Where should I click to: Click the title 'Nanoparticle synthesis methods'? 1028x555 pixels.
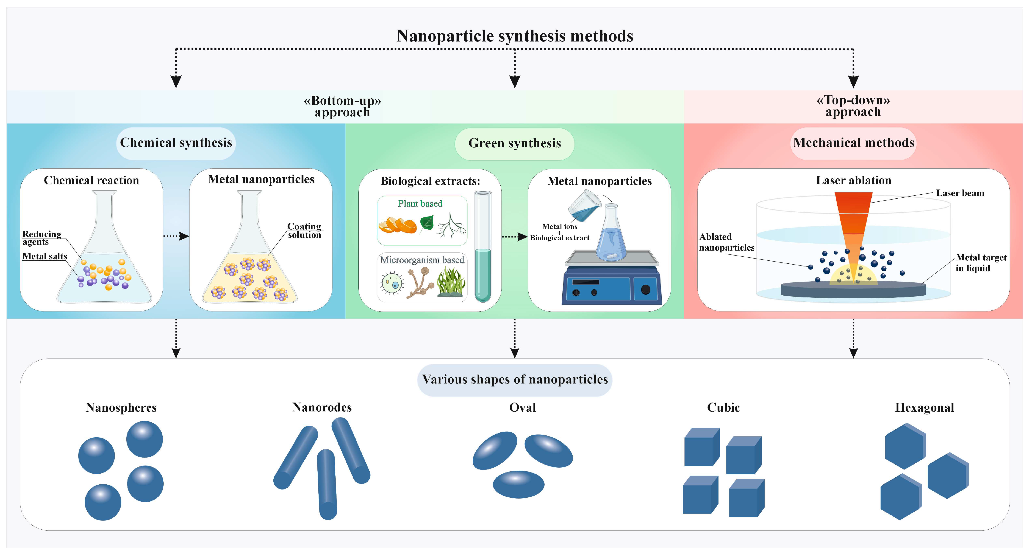click(x=514, y=36)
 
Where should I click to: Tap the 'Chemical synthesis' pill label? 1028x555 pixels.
click(x=176, y=143)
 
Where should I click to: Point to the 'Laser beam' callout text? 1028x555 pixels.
click(x=960, y=193)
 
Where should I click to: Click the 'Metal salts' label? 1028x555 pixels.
click(x=45, y=256)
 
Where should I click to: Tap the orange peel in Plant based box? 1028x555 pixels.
click(x=397, y=225)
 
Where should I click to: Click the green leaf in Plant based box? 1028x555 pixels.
click(x=427, y=222)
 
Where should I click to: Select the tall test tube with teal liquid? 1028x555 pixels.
click(x=483, y=246)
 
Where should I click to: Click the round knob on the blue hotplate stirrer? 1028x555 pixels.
click(x=645, y=290)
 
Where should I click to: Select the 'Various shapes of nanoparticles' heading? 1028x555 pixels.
click(x=515, y=379)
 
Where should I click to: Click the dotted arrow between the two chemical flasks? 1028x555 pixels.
click(x=176, y=236)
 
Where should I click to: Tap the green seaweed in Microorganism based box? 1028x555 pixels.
click(x=451, y=282)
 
